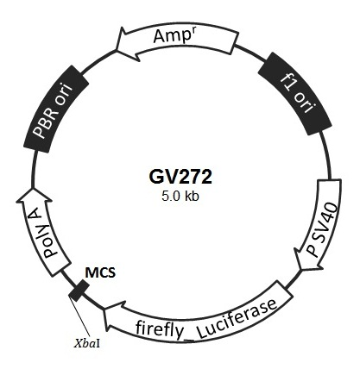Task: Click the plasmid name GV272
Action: click(x=180, y=177)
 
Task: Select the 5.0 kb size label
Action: click(x=180, y=197)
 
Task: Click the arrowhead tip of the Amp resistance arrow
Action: click(x=117, y=49)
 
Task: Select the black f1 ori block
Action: click(x=295, y=94)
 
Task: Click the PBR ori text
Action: click(x=52, y=110)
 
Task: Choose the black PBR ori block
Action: click(x=56, y=109)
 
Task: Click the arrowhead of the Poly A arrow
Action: click(x=32, y=189)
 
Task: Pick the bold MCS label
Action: click(x=100, y=272)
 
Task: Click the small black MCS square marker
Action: click(x=79, y=291)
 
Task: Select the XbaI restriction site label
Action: click(x=87, y=344)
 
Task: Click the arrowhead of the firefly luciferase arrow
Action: click(x=104, y=310)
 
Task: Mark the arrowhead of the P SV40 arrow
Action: click(x=301, y=270)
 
